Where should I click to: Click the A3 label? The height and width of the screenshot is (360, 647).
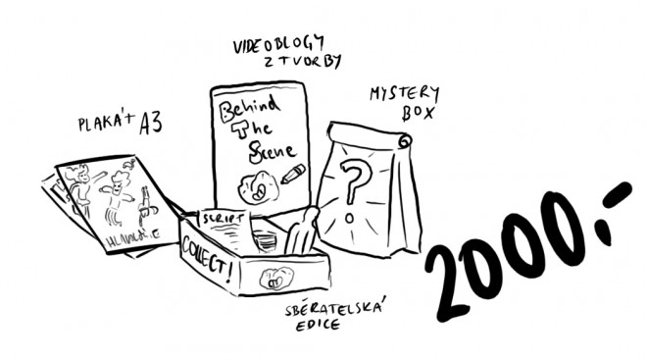pos(150,122)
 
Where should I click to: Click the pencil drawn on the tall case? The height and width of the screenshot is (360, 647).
pos(292,174)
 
